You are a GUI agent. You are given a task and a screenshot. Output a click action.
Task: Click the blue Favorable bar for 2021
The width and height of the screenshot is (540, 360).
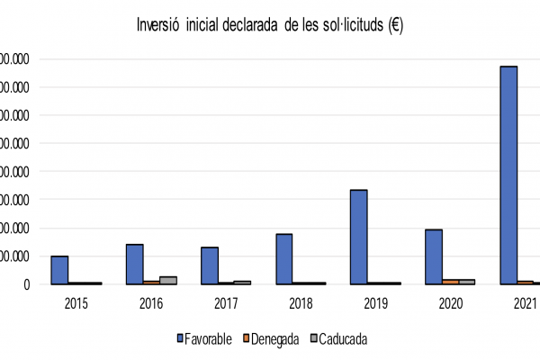508,175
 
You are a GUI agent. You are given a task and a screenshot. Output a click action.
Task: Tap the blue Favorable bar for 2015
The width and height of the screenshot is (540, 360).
59,270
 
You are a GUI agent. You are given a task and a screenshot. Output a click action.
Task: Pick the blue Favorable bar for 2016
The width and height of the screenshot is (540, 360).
134,264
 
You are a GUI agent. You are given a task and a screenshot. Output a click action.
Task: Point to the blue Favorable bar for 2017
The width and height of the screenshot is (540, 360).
209,265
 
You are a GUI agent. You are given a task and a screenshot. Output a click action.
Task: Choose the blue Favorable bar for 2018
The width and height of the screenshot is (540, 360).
283,259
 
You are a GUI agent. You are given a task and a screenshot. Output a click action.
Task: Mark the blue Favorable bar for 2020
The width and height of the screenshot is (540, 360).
433,256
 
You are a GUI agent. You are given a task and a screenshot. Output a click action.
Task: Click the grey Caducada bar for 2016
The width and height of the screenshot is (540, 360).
168,280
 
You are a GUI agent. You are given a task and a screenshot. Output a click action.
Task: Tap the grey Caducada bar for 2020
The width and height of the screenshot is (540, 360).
467,282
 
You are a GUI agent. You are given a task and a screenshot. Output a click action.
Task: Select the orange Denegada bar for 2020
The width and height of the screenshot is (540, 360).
450,282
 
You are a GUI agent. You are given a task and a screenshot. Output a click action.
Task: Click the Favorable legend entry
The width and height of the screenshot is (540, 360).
205,339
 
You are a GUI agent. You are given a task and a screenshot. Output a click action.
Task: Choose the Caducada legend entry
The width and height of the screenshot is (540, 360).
339,339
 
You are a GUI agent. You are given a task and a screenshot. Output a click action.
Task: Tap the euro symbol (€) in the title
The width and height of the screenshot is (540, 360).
395,24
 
